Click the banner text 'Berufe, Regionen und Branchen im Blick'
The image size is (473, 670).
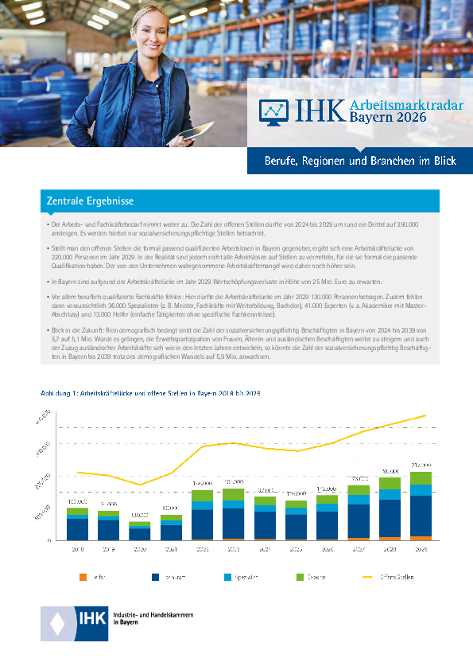[360, 161]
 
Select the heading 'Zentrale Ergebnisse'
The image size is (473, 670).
[90, 201]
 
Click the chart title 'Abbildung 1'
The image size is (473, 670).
[60, 394]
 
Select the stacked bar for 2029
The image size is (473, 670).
[421, 506]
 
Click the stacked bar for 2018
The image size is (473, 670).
[78, 524]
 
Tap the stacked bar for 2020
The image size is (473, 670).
[140, 531]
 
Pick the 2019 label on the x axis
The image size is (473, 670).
[109, 549]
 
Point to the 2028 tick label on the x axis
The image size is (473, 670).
[390, 549]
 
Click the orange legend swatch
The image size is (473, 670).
[83, 577]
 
